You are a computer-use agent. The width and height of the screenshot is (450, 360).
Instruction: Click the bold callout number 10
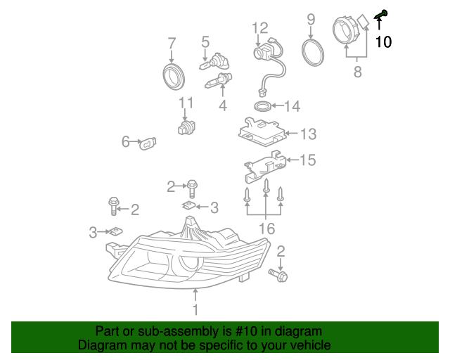(x=383, y=41)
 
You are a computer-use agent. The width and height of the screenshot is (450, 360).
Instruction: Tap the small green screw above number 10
(x=382, y=13)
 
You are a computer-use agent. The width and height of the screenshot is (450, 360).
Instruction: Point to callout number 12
(x=260, y=28)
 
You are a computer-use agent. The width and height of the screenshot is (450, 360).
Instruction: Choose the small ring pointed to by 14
(x=262, y=106)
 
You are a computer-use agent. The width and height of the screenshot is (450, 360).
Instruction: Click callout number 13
(x=309, y=134)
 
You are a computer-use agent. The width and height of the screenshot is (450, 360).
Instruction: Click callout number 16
(x=266, y=228)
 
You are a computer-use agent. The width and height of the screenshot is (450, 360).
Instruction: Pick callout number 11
(x=186, y=103)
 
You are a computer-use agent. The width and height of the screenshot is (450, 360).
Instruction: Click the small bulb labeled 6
(x=150, y=143)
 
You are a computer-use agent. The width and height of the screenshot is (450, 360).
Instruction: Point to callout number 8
(x=357, y=71)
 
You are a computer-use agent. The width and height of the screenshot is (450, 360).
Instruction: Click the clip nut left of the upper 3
(x=188, y=205)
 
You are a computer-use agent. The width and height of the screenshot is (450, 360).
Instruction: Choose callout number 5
(x=206, y=42)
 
